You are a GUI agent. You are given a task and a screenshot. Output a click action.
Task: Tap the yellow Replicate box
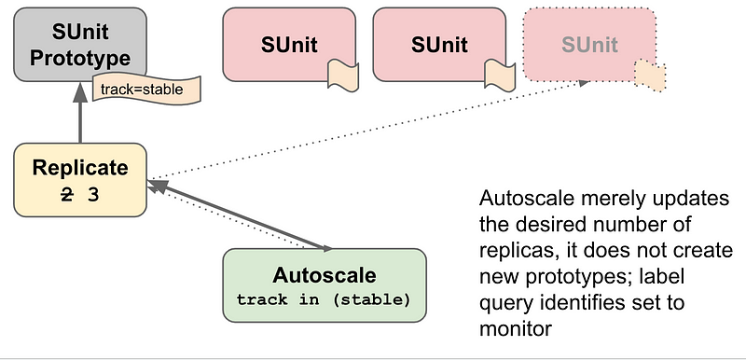pyautogui.click(x=80, y=179)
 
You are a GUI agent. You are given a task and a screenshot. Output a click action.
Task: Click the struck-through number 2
pyautogui.click(x=67, y=195)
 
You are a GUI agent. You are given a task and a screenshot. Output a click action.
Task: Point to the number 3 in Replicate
pyautogui.click(x=93, y=195)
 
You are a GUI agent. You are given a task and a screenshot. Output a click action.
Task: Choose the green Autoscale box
pyautogui.click(x=325, y=285)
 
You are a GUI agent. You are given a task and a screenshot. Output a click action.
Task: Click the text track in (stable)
pyautogui.click(x=325, y=299)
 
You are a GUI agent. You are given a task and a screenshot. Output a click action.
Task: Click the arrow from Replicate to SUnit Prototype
pyautogui.click(x=80, y=114)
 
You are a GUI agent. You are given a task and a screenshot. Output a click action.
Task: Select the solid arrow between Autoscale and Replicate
pyautogui.click(x=242, y=216)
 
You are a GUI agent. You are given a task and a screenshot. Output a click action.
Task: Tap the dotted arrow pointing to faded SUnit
pyautogui.click(x=373, y=129)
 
